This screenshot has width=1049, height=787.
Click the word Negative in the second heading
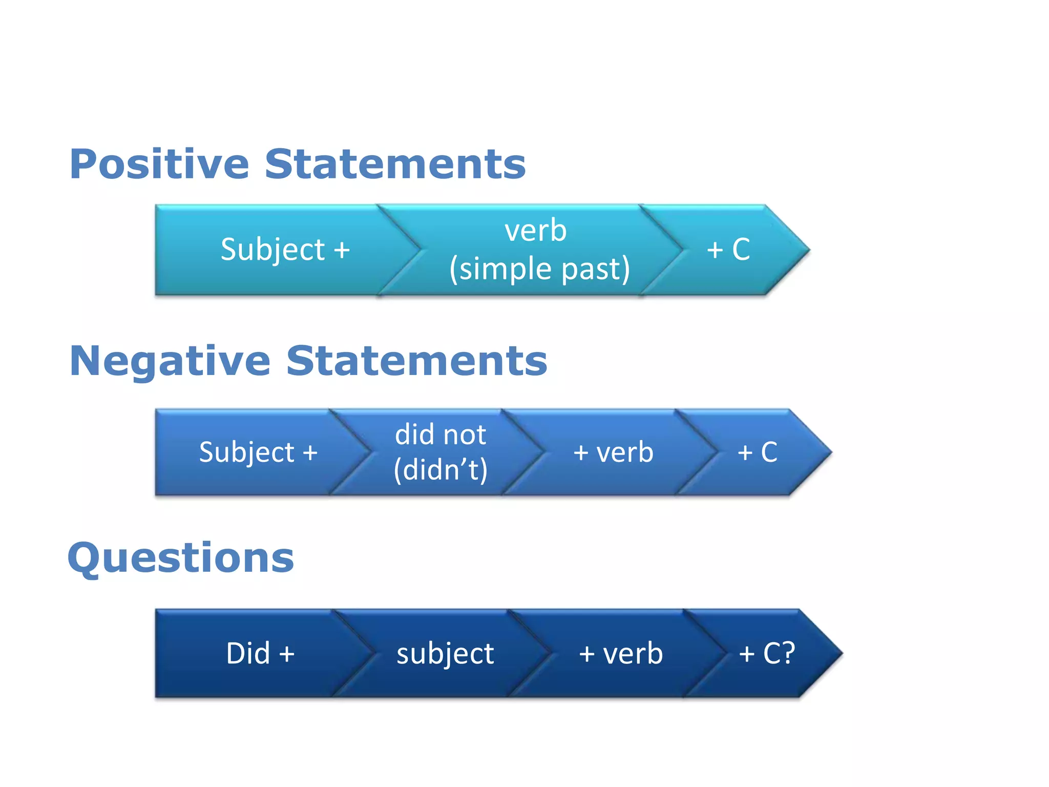tap(170, 362)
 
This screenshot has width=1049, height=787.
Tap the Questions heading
tap(181, 558)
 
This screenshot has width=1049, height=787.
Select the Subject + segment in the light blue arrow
tap(285, 250)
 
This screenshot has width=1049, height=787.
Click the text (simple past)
tap(539, 269)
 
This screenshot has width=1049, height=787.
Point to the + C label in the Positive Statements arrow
tap(728, 250)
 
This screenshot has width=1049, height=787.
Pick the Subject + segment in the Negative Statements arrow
tap(258, 452)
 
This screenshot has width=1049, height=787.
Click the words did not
tap(440, 435)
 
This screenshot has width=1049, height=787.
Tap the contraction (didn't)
tap(440, 470)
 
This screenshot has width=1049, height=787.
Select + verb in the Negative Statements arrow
tap(613, 452)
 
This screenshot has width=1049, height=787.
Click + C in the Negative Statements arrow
tap(757, 452)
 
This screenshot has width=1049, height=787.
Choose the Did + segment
tap(260, 654)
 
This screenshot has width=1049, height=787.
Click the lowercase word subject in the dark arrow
tap(445, 654)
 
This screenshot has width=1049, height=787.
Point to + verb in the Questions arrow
tap(621, 654)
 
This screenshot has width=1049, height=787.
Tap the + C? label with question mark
tap(766, 654)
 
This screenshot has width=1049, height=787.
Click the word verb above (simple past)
tap(536, 231)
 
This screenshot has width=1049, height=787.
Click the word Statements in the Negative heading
tap(416, 362)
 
